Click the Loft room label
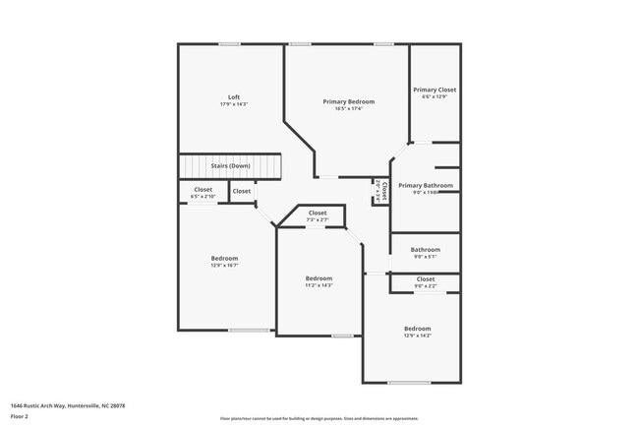click(234, 96)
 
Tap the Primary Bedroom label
click(349, 101)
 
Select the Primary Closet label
click(434, 90)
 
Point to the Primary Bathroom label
click(426, 185)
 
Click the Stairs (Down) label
click(230, 165)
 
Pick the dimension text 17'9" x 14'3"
click(234, 104)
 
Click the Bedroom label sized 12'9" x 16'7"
click(224, 258)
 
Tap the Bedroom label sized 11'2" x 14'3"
click(319, 278)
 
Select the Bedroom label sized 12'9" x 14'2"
click(417, 328)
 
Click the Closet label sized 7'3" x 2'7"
click(318, 213)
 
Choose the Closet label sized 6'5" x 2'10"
click(203, 189)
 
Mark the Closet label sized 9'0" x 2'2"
click(426, 278)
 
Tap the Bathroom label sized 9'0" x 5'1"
click(426, 249)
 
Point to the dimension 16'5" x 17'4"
click(349, 109)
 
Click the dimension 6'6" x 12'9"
click(434, 97)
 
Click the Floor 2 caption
click(20, 416)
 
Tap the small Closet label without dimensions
click(241, 191)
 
